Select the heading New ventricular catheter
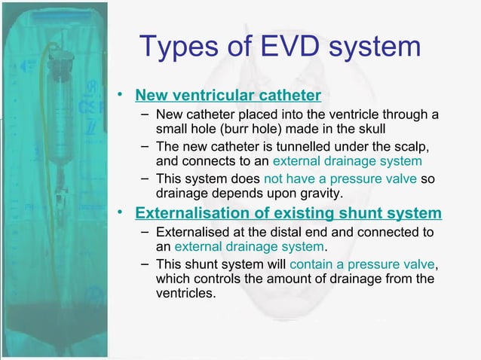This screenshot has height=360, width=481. [x=228, y=95]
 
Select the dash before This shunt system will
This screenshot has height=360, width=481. [x=145, y=264]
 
